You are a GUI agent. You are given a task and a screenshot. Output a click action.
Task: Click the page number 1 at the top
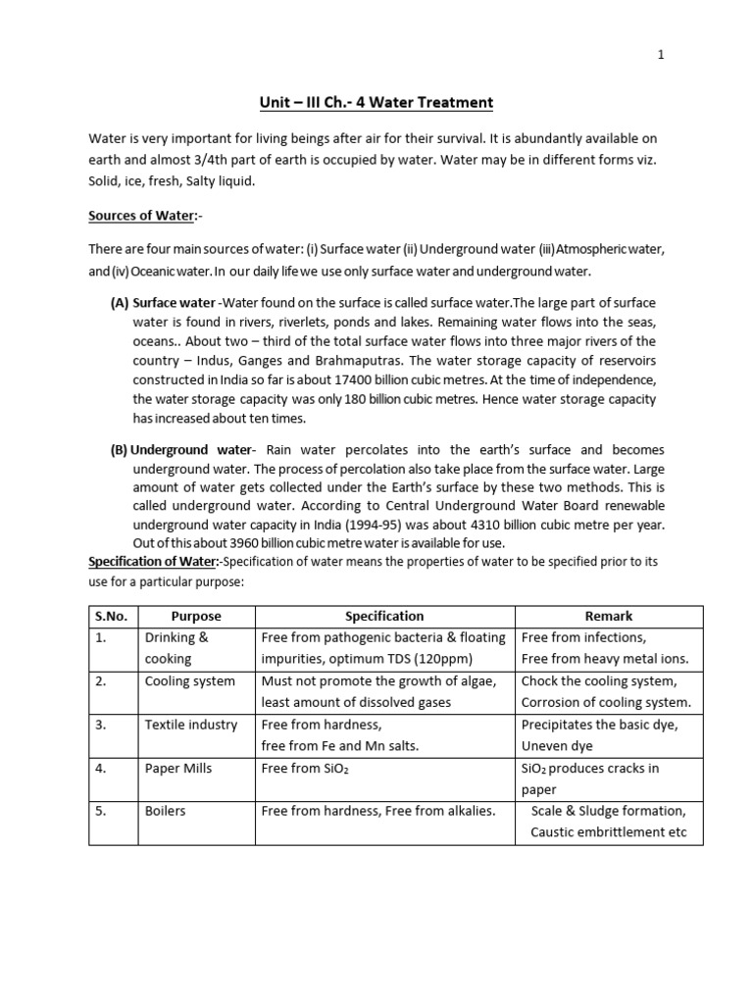pyautogui.click(x=661, y=55)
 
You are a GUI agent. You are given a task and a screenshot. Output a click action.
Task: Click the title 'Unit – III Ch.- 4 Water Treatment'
pyautogui.click(x=376, y=102)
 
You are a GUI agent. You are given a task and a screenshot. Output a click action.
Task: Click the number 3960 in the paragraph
pyautogui.click(x=249, y=543)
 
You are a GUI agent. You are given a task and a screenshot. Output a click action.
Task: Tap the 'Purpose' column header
pyautogui.click(x=196, y=616)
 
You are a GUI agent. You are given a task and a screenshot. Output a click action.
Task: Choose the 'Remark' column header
pyautogui.click(x=609, y=616)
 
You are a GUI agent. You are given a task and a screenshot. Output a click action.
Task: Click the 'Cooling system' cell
pyautogui.click(x=190, y=680)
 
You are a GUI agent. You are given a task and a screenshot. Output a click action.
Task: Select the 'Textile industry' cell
pyautogui.click(x=191, y=725)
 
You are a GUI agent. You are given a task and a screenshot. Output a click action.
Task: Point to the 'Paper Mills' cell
pyautogui.click(x=178, y=769)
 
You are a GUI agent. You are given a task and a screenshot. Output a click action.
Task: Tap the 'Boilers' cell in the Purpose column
pyautogui.click(x=166, y=812)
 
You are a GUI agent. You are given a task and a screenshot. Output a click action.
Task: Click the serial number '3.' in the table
pyautogui.click(x=101, y=725)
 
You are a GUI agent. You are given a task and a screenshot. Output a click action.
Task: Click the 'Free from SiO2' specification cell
pyautogui.click(x=305, y=769)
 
